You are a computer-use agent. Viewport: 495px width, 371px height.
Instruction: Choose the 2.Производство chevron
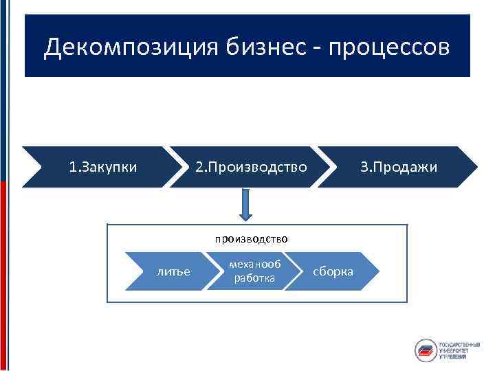[250, 167]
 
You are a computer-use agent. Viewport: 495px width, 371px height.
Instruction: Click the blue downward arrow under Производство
[247, 204]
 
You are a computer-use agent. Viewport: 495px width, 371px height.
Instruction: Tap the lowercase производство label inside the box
[250, 238]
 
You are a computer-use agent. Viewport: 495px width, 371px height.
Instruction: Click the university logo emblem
[426, 350]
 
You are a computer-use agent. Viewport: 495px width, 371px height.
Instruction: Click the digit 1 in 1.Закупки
[72, 167]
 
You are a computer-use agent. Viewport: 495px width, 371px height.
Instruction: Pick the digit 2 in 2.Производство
[199, 167]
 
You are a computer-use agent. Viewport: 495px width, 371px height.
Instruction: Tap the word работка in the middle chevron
[254, 278]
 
